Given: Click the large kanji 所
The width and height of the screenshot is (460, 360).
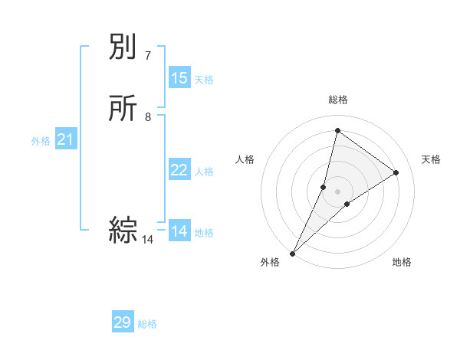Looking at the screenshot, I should coord(123,108).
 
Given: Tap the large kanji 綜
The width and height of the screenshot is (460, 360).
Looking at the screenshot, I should coord(123,231).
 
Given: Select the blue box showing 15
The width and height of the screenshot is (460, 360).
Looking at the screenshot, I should coord(179,78).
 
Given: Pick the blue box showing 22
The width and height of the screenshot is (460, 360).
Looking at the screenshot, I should coord(179,170).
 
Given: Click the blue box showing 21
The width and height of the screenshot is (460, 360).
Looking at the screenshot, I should coord(66,139).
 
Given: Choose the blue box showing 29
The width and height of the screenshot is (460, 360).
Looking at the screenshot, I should coord(123,322).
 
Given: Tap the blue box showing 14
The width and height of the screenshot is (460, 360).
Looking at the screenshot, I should coord(179,231).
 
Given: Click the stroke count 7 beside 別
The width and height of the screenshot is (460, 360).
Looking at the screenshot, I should coord(148,55).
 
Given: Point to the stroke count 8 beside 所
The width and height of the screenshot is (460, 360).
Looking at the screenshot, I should coord(148,117).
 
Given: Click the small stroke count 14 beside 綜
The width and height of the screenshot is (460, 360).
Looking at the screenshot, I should coord(148,240).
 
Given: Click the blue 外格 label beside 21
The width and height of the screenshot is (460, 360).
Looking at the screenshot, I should coord(41,141).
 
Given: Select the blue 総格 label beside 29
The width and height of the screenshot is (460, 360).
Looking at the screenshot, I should coord(147,324).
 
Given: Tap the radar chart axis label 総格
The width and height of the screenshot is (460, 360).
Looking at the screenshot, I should coord(337,100).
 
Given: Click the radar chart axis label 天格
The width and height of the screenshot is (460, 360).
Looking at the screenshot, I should coord(432,159).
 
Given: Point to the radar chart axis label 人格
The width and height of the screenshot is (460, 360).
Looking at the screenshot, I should coord(245,159).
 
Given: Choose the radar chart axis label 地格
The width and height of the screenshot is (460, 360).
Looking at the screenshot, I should coord(402,262).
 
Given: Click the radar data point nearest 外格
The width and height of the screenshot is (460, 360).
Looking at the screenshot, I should coord(292,253).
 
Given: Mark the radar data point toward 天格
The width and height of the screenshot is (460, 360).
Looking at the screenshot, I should coord(396,172).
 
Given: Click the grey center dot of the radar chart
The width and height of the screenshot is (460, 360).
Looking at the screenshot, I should coord(337,191).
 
